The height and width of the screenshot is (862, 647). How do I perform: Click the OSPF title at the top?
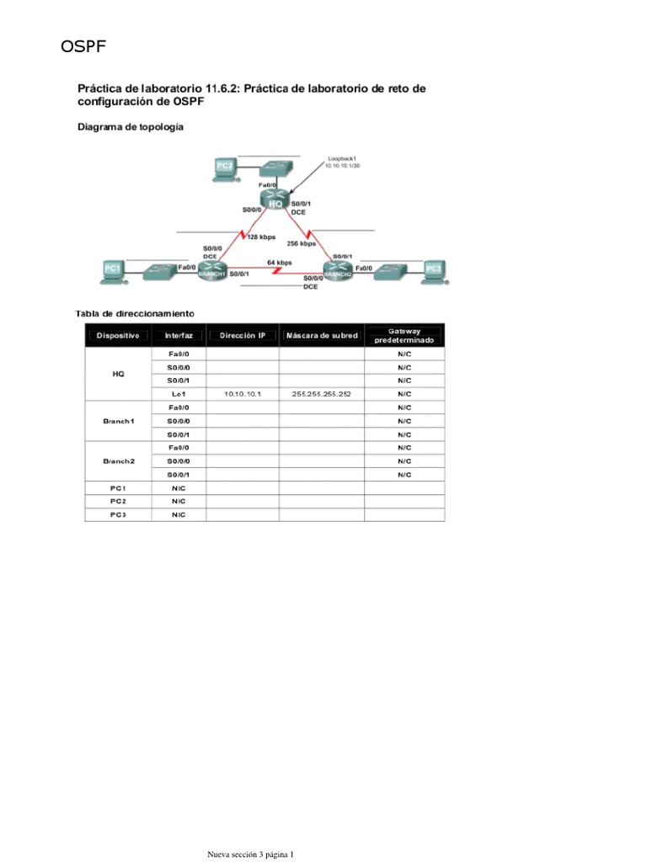pos(83,47)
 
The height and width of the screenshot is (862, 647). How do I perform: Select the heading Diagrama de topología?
pos(130,127)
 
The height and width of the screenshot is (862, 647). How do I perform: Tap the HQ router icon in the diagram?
pos(275,202)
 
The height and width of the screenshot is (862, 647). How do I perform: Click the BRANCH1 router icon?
pos(212,270)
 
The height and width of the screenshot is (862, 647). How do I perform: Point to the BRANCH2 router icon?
pos(336,270)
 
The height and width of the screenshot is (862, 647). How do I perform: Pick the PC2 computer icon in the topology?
pos(223,168)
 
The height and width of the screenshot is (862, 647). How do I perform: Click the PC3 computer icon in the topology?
pos(433,269)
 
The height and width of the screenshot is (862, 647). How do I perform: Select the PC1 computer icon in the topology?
pos(112,269)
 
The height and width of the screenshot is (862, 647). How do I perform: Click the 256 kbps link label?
pos(301,243)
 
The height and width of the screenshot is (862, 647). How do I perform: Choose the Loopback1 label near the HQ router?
pos(344,157)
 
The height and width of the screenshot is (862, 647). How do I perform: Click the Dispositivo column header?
pos(118,335)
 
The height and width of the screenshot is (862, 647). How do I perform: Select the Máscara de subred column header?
pos(321,335)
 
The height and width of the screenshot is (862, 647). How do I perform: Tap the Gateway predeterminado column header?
pos(404,335)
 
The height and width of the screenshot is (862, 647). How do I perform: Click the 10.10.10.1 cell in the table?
pos(243,394)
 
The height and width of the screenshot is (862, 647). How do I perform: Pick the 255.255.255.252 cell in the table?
pos(321,394)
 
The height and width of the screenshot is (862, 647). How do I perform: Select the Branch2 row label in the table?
pos(118,461)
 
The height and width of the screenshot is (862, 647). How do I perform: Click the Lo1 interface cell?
pos(179,394)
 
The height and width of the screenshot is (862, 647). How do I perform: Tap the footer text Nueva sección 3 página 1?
pos(251,855)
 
